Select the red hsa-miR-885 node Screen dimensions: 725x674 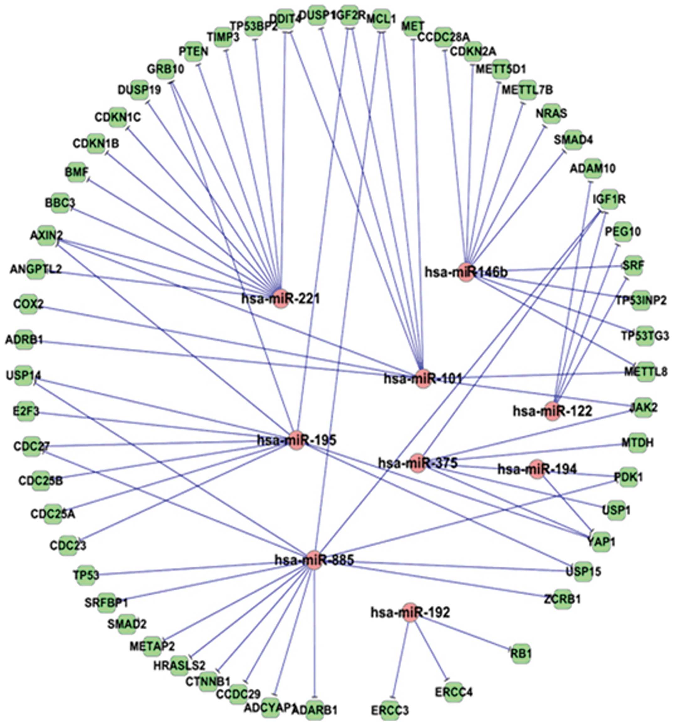pyautogui.click(x=314, y=560)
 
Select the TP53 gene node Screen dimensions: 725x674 pyautogui.click(x=86, y=575)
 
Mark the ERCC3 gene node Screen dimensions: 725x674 pyautogui.click(x=390, y=710)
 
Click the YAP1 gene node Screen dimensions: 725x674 pyautogui.click(x=601, y=542)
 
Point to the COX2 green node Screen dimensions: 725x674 pyautogui.click(x=29, y=303)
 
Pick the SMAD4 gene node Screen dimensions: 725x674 pyautogui.click(x=573, y=140)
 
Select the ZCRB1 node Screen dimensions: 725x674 pyautogui.click(x=562, y=599)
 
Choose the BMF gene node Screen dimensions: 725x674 pyautogui.click(x=76, y=172)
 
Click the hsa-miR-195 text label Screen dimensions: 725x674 pyautogui.click(x=297, y=440)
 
